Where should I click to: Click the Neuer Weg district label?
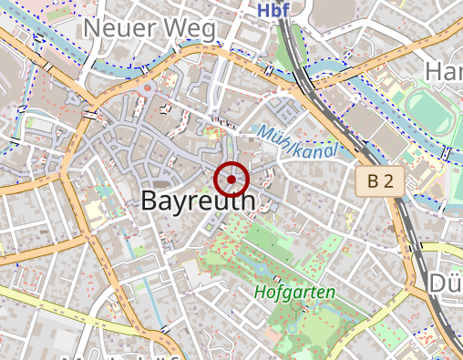[149, 29]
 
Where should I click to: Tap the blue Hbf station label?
[272, 10]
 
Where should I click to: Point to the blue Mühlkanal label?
[297, 141]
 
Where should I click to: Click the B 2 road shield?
[380, 181]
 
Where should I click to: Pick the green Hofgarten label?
[295, 293]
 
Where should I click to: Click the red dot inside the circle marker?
[231, 180]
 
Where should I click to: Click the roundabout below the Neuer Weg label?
[147, 89]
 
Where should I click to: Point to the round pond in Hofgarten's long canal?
[262, 270]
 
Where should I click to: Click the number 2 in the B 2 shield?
[388, 181]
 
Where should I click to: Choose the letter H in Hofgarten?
[261, 293]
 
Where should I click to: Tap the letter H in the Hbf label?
[262, 10]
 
